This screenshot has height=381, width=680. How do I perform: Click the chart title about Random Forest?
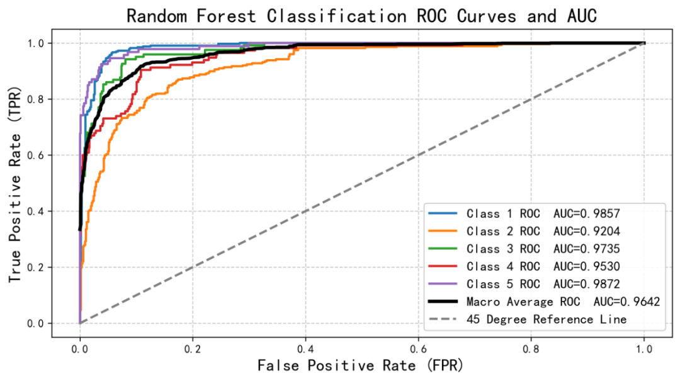click(361, 16)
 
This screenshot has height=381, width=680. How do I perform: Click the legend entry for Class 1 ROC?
click(503, 213)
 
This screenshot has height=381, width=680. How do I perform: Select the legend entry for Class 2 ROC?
click(503, 231)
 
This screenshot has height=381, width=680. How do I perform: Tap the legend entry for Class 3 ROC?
click(503, 249)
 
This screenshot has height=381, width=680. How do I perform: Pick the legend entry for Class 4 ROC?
click(503, 266)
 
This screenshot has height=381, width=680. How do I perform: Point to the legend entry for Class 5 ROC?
click(503, 284)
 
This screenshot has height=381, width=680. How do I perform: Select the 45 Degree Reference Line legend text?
click(547, 319)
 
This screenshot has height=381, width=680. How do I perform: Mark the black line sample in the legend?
click(443, 302)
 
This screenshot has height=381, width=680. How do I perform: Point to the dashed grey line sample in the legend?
click(443, 319)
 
